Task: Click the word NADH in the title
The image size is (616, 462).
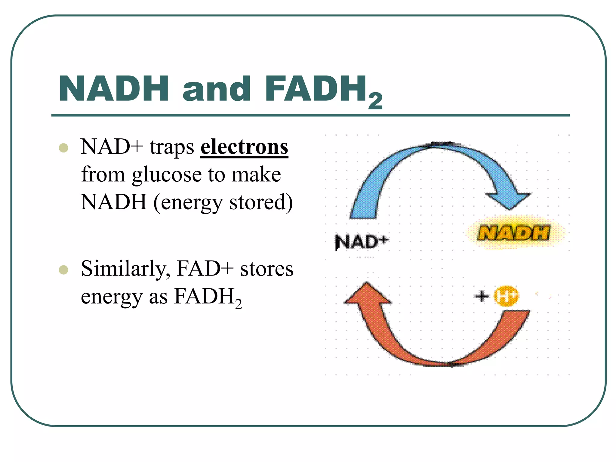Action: pos(114,89)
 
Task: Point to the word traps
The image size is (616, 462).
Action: pos(172,147)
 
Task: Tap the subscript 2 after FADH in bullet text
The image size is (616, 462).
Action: pos(238,304)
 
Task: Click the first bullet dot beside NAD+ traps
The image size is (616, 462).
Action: pos(63,148)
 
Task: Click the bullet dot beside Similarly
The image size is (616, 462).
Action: pos(63,270)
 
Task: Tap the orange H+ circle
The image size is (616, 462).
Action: pos(506,296)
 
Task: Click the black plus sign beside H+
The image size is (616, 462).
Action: pos(482,296)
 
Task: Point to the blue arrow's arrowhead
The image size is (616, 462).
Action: pos(509,200)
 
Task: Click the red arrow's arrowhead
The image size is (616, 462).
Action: pos(367,294)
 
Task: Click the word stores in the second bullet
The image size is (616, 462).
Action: pos(266,269)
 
